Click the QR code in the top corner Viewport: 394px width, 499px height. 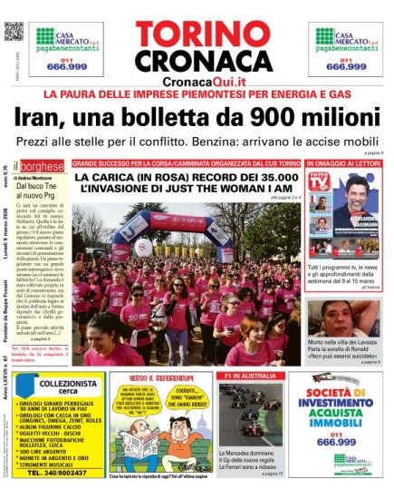tap(13, 31)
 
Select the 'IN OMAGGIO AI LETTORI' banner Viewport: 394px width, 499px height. tap(342, 164)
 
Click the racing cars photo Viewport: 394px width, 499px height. tap(250, 415)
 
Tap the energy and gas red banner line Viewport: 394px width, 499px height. tap(197, 95)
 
